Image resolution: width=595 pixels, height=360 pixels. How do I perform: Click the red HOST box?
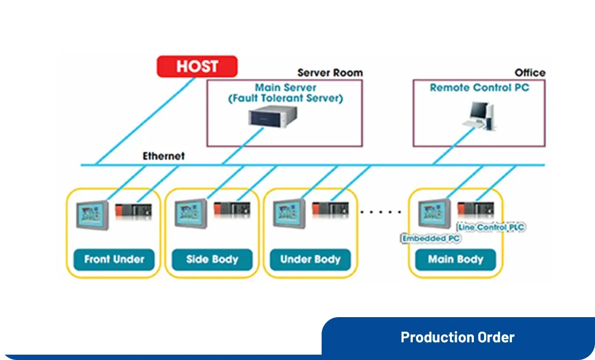pyautogui.click(x=197, y=66)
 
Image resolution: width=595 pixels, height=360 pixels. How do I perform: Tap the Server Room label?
pyautogui.click(x=330, y=73)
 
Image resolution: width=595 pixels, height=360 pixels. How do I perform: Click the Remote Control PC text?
pyautogui.click(x=479, y=87)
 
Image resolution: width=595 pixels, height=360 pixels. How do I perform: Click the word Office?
pyautogui.click(x=530, y=73)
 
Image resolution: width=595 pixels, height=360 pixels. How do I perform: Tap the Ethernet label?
pyautogui.click(x=163, y=156)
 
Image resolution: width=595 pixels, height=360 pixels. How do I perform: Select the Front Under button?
pyautogui.click(x=114, y=259)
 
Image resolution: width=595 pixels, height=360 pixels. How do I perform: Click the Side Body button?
pyautogui.click(x=212, y=259)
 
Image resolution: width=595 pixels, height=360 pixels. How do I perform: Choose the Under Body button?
pyautogui.click(x=310, y=259)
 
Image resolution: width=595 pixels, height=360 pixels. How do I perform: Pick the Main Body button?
pyautogui.click(x=456, y=259)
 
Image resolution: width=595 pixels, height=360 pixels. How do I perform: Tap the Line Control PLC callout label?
pyautogui.click(x=491, y=227)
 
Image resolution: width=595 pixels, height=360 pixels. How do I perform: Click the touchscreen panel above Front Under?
pyautogui.click(x=92, y=214)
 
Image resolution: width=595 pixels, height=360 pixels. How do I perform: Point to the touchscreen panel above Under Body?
pyautogui.click(x=289, y=214)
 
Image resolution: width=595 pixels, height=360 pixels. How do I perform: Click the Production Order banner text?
pyautogui.click(x=457, y=337)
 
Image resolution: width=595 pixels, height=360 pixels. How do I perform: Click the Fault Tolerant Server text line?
pyautogui.click(x=285, y=99)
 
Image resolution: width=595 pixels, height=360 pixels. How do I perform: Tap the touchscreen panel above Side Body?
pyautogui.click(x=191, y=214)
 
